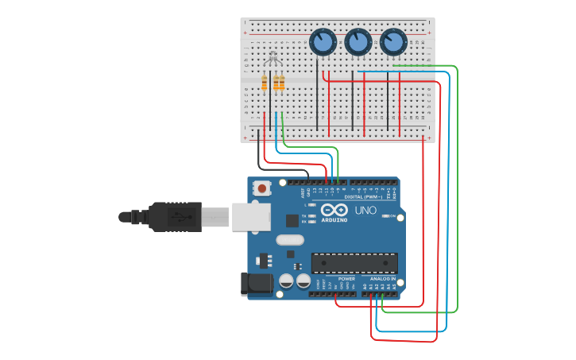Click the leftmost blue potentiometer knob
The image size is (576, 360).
[x=323, y=42]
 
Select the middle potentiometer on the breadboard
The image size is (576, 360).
[x=358, y=42]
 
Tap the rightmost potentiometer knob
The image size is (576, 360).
[x=392, y=42]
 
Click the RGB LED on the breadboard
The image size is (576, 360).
[x=273, y=60]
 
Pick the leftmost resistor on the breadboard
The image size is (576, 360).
[x=265, y=83]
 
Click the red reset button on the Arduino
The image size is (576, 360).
[x=261, y=189]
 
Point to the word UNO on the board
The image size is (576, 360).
[x=365, y=211]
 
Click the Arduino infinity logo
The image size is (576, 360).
[x=334, y=210]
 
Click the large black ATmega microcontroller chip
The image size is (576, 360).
[x=354, y=263]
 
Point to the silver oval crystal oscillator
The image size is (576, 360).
[x=289, y=240]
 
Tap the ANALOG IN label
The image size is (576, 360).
[x=381, y=279]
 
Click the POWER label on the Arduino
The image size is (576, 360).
[x=346, y=279]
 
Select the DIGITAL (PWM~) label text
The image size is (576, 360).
[x=362, y=196]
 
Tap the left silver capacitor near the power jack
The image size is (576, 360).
[x=287, y=281]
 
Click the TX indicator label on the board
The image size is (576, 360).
[x=304, y=215]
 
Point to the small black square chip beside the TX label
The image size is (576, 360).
[x=292, y=220]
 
